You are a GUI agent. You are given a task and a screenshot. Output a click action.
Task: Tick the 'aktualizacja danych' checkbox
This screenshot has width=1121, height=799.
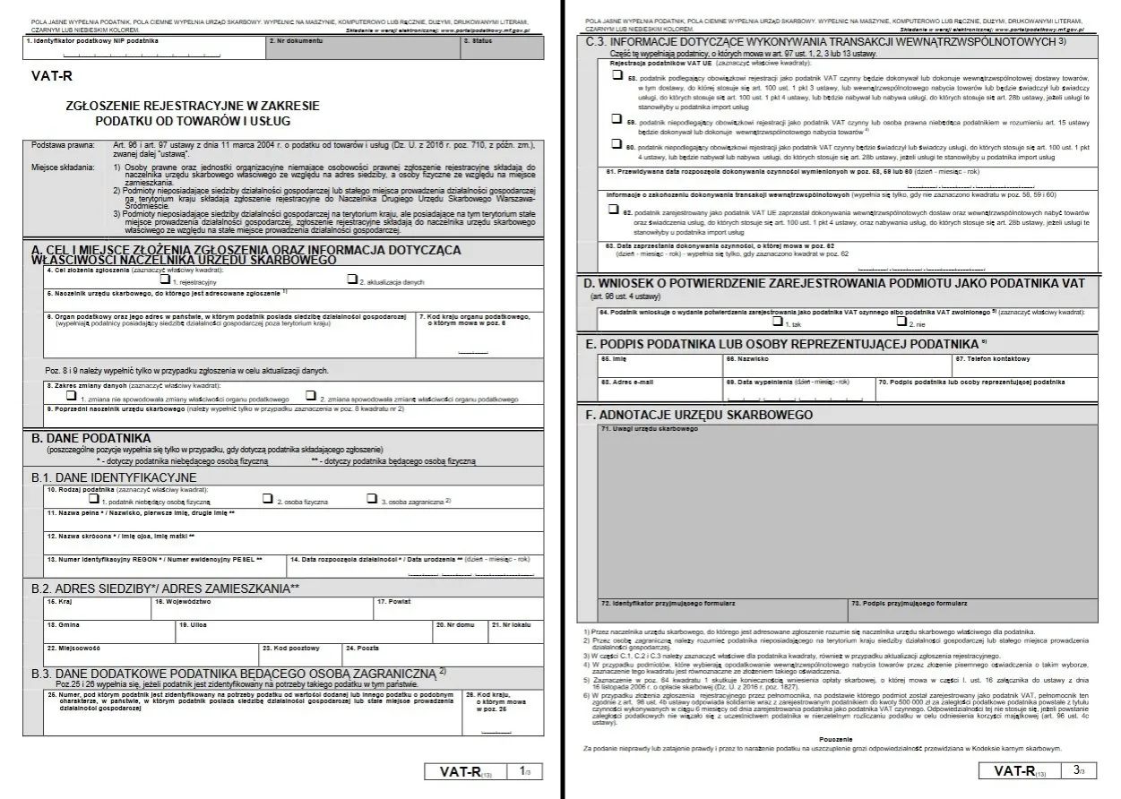click(352, 279)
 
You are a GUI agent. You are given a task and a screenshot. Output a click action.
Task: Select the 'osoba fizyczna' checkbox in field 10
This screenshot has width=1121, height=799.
click(268, 499)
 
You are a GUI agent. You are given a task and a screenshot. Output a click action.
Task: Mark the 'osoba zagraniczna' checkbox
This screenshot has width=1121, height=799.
click(371, 499)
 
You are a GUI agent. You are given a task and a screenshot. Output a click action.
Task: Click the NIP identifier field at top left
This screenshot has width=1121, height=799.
click(143, 48)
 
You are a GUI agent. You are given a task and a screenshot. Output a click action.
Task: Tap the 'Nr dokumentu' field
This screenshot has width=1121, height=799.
click(362, 48)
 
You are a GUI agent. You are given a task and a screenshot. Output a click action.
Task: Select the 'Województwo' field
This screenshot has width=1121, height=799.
click(260, 607)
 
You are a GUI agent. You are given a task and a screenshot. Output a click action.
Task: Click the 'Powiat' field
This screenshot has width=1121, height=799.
click(457, 607)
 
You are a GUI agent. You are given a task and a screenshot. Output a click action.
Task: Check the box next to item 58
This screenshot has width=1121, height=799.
click(617, 78)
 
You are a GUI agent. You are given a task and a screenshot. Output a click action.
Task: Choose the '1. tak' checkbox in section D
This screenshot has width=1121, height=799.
click(774, 321)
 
